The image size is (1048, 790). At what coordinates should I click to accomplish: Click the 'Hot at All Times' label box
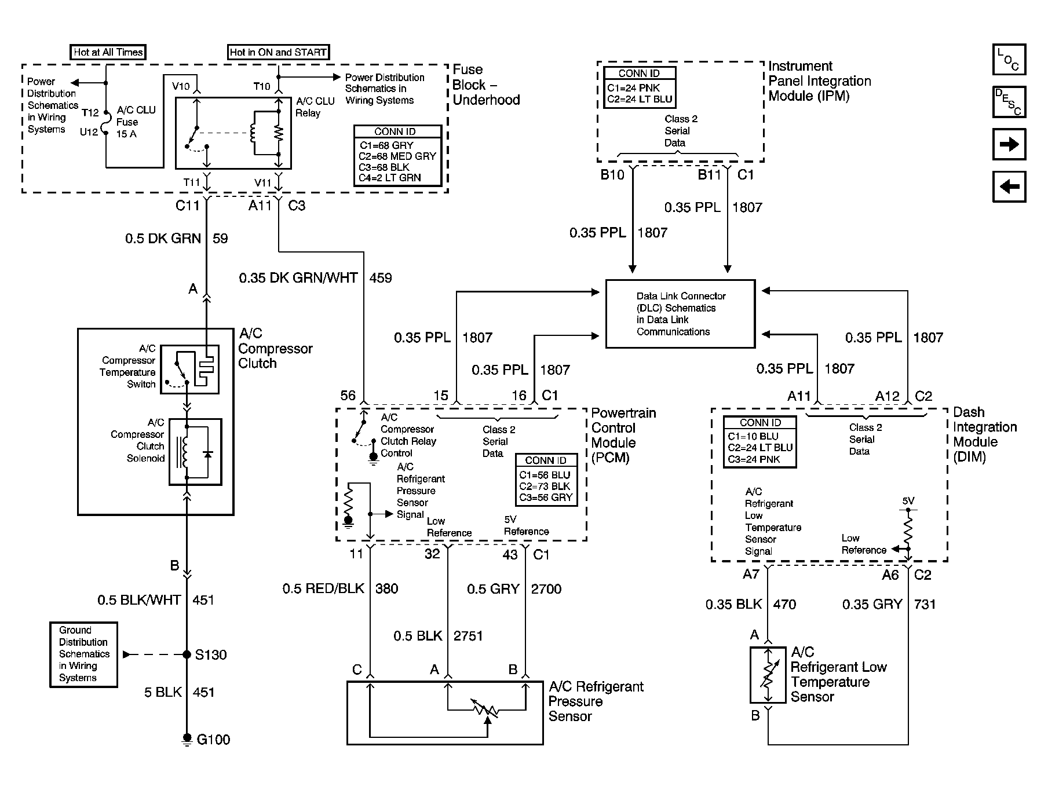pos(108,52)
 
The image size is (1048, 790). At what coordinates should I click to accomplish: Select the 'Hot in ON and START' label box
pos(278,52)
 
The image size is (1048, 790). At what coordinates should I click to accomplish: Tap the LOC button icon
pos(1009,60)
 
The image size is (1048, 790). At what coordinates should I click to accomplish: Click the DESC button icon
pos(1009,102)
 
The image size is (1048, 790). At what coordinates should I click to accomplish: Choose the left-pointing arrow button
pos(1009,186)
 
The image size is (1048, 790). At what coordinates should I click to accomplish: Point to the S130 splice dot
pos(187,654)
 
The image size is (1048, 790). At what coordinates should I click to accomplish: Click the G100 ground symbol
pos(187,738)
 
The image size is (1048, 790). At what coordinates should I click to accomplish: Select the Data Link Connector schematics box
pos(680,314)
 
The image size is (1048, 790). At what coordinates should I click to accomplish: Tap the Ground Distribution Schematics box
pos(83,654)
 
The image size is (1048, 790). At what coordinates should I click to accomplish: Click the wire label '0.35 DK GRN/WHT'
pos(298,278)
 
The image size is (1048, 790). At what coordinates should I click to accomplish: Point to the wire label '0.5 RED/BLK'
pos(323,589)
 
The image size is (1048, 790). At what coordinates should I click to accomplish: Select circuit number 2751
pos(468,636)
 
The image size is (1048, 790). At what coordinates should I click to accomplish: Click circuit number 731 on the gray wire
pos(925,604)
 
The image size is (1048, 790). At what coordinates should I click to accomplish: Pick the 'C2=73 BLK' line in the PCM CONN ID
pos(545,486)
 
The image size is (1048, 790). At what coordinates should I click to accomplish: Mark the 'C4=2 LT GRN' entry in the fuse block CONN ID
pos(389,178)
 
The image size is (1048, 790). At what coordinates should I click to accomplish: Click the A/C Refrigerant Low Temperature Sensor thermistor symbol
pos(768,675)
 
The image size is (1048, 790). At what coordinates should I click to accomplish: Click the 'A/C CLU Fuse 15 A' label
pos(136,122)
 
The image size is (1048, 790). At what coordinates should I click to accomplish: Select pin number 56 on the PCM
pos(348,396)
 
